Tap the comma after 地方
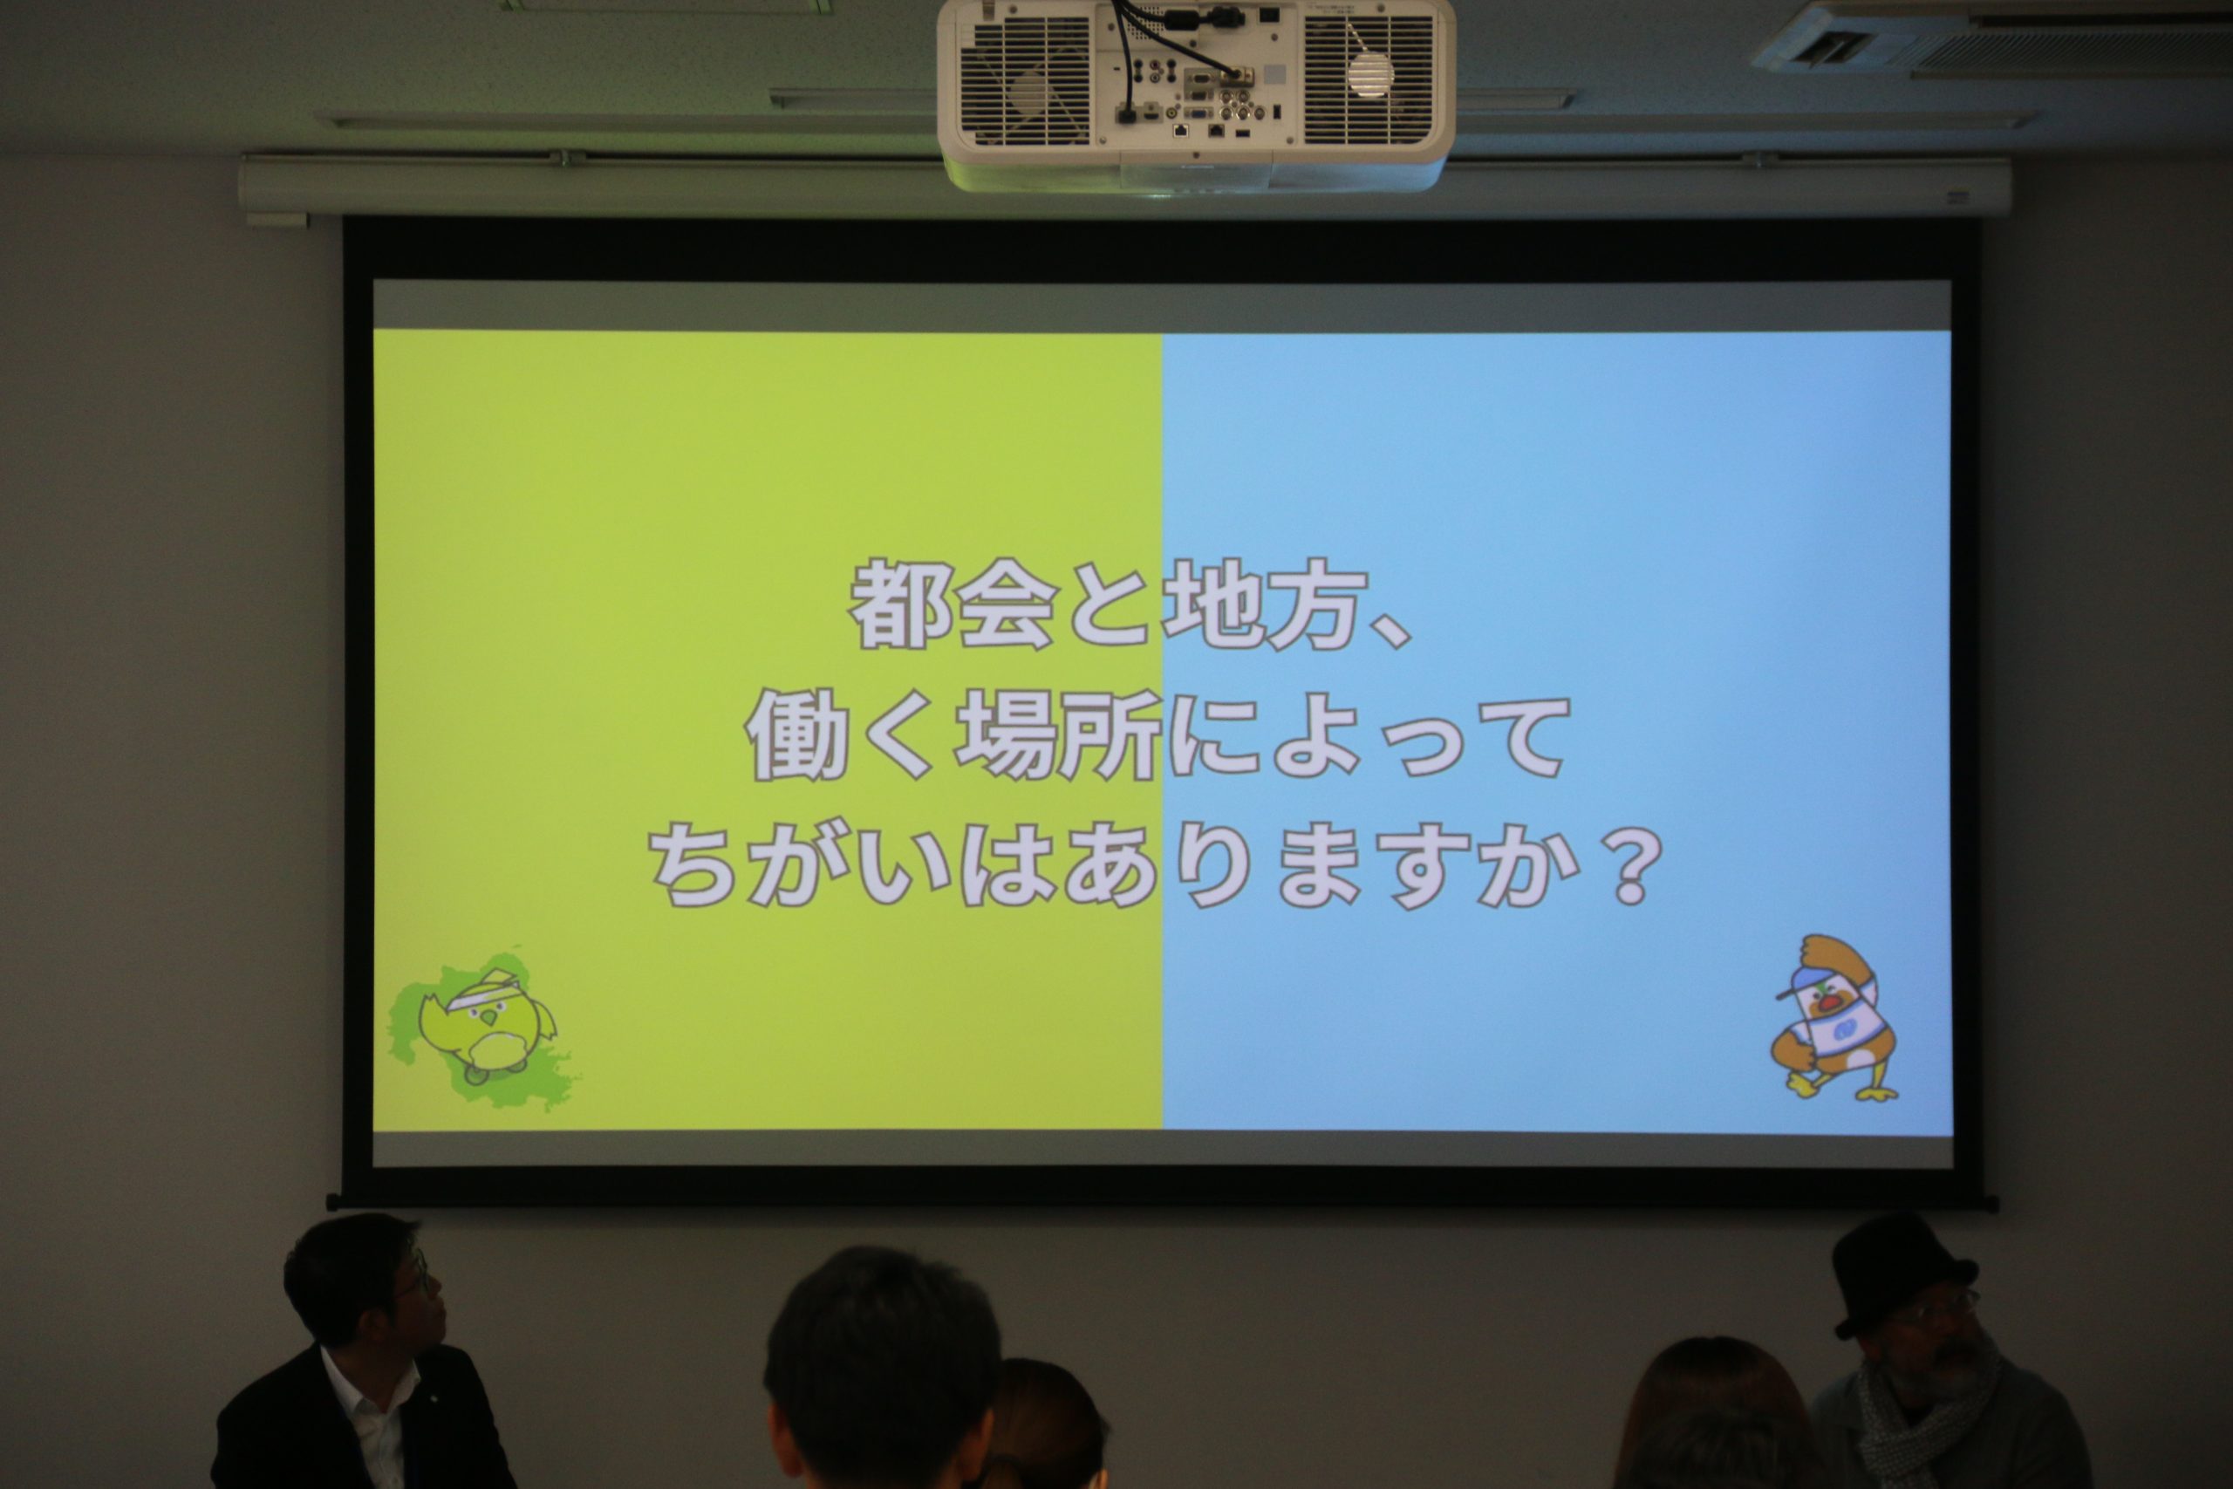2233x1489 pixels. pyautogui.click(x=1396, y=631)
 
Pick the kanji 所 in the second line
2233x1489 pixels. pyautogui.click(x=1108, y=736)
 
